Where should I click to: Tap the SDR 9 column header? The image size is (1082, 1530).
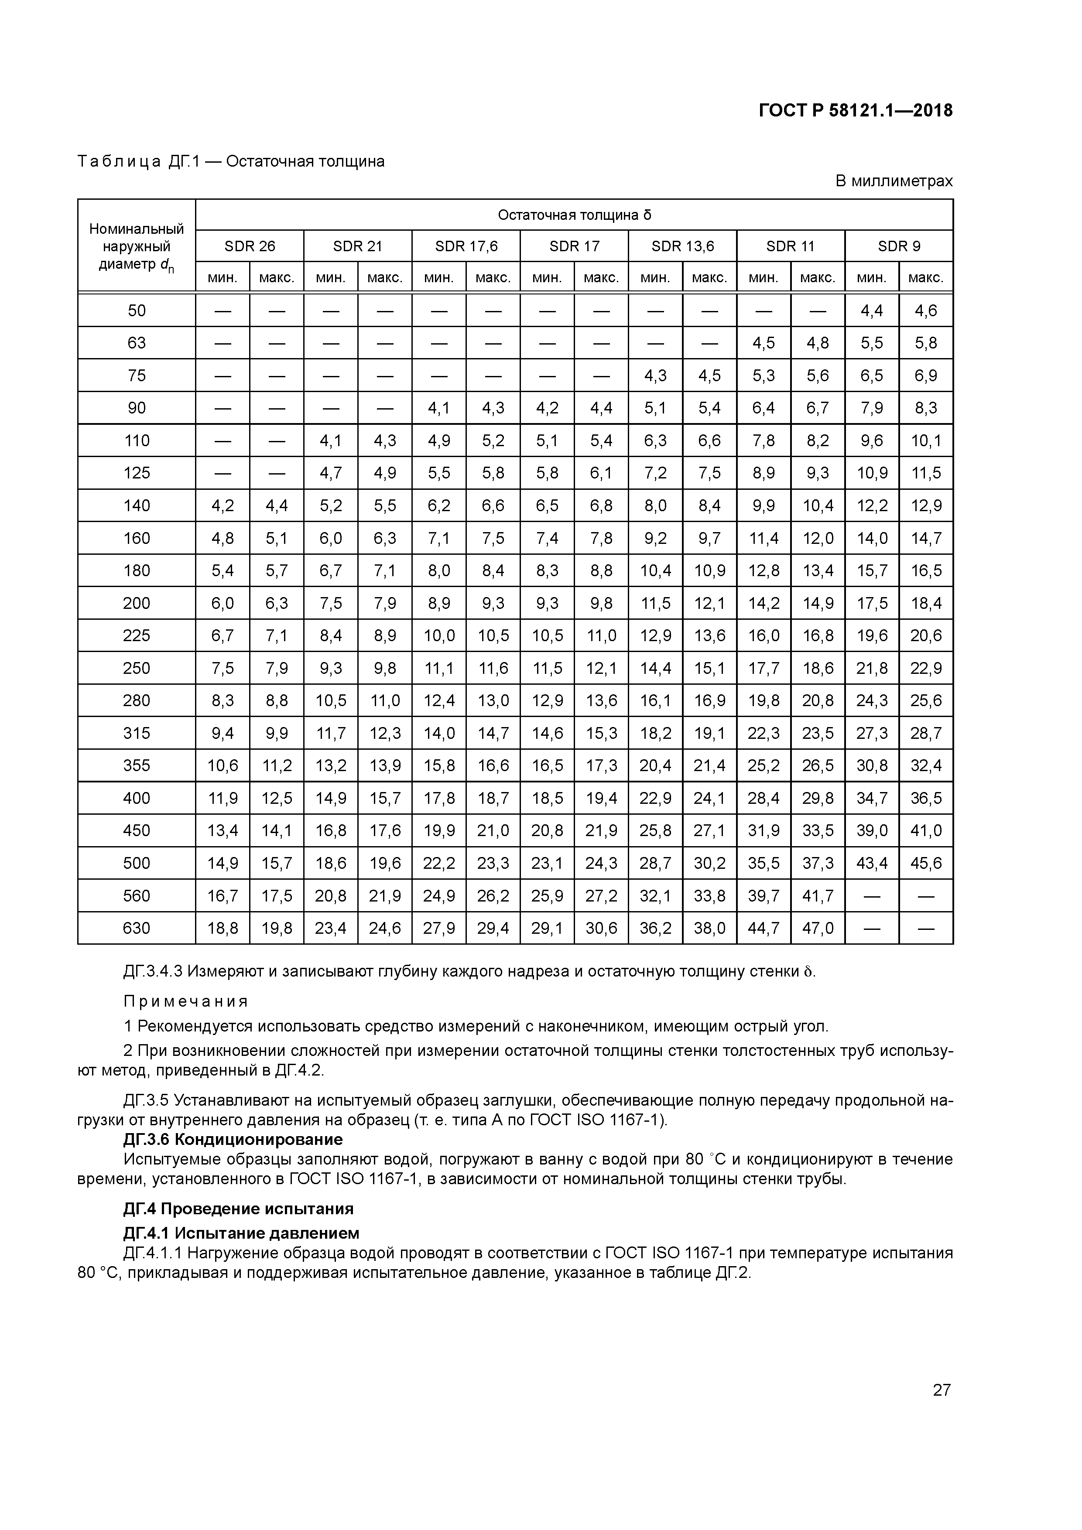tap(899, 246)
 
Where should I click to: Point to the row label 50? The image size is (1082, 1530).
tap(137, 311)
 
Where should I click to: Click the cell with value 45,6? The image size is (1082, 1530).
tap(926, 863)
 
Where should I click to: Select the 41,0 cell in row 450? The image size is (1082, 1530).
tap(926, 830)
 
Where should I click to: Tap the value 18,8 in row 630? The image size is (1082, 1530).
tap(223, 928)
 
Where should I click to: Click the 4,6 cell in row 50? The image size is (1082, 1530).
tap(926, 311)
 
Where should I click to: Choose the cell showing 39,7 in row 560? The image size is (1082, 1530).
tap(764, 895)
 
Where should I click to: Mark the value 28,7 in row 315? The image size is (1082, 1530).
tap(926, 733)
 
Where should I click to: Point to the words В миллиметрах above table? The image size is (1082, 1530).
tap(894, 181)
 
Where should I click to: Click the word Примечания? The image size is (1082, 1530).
tap(186, 1001)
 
